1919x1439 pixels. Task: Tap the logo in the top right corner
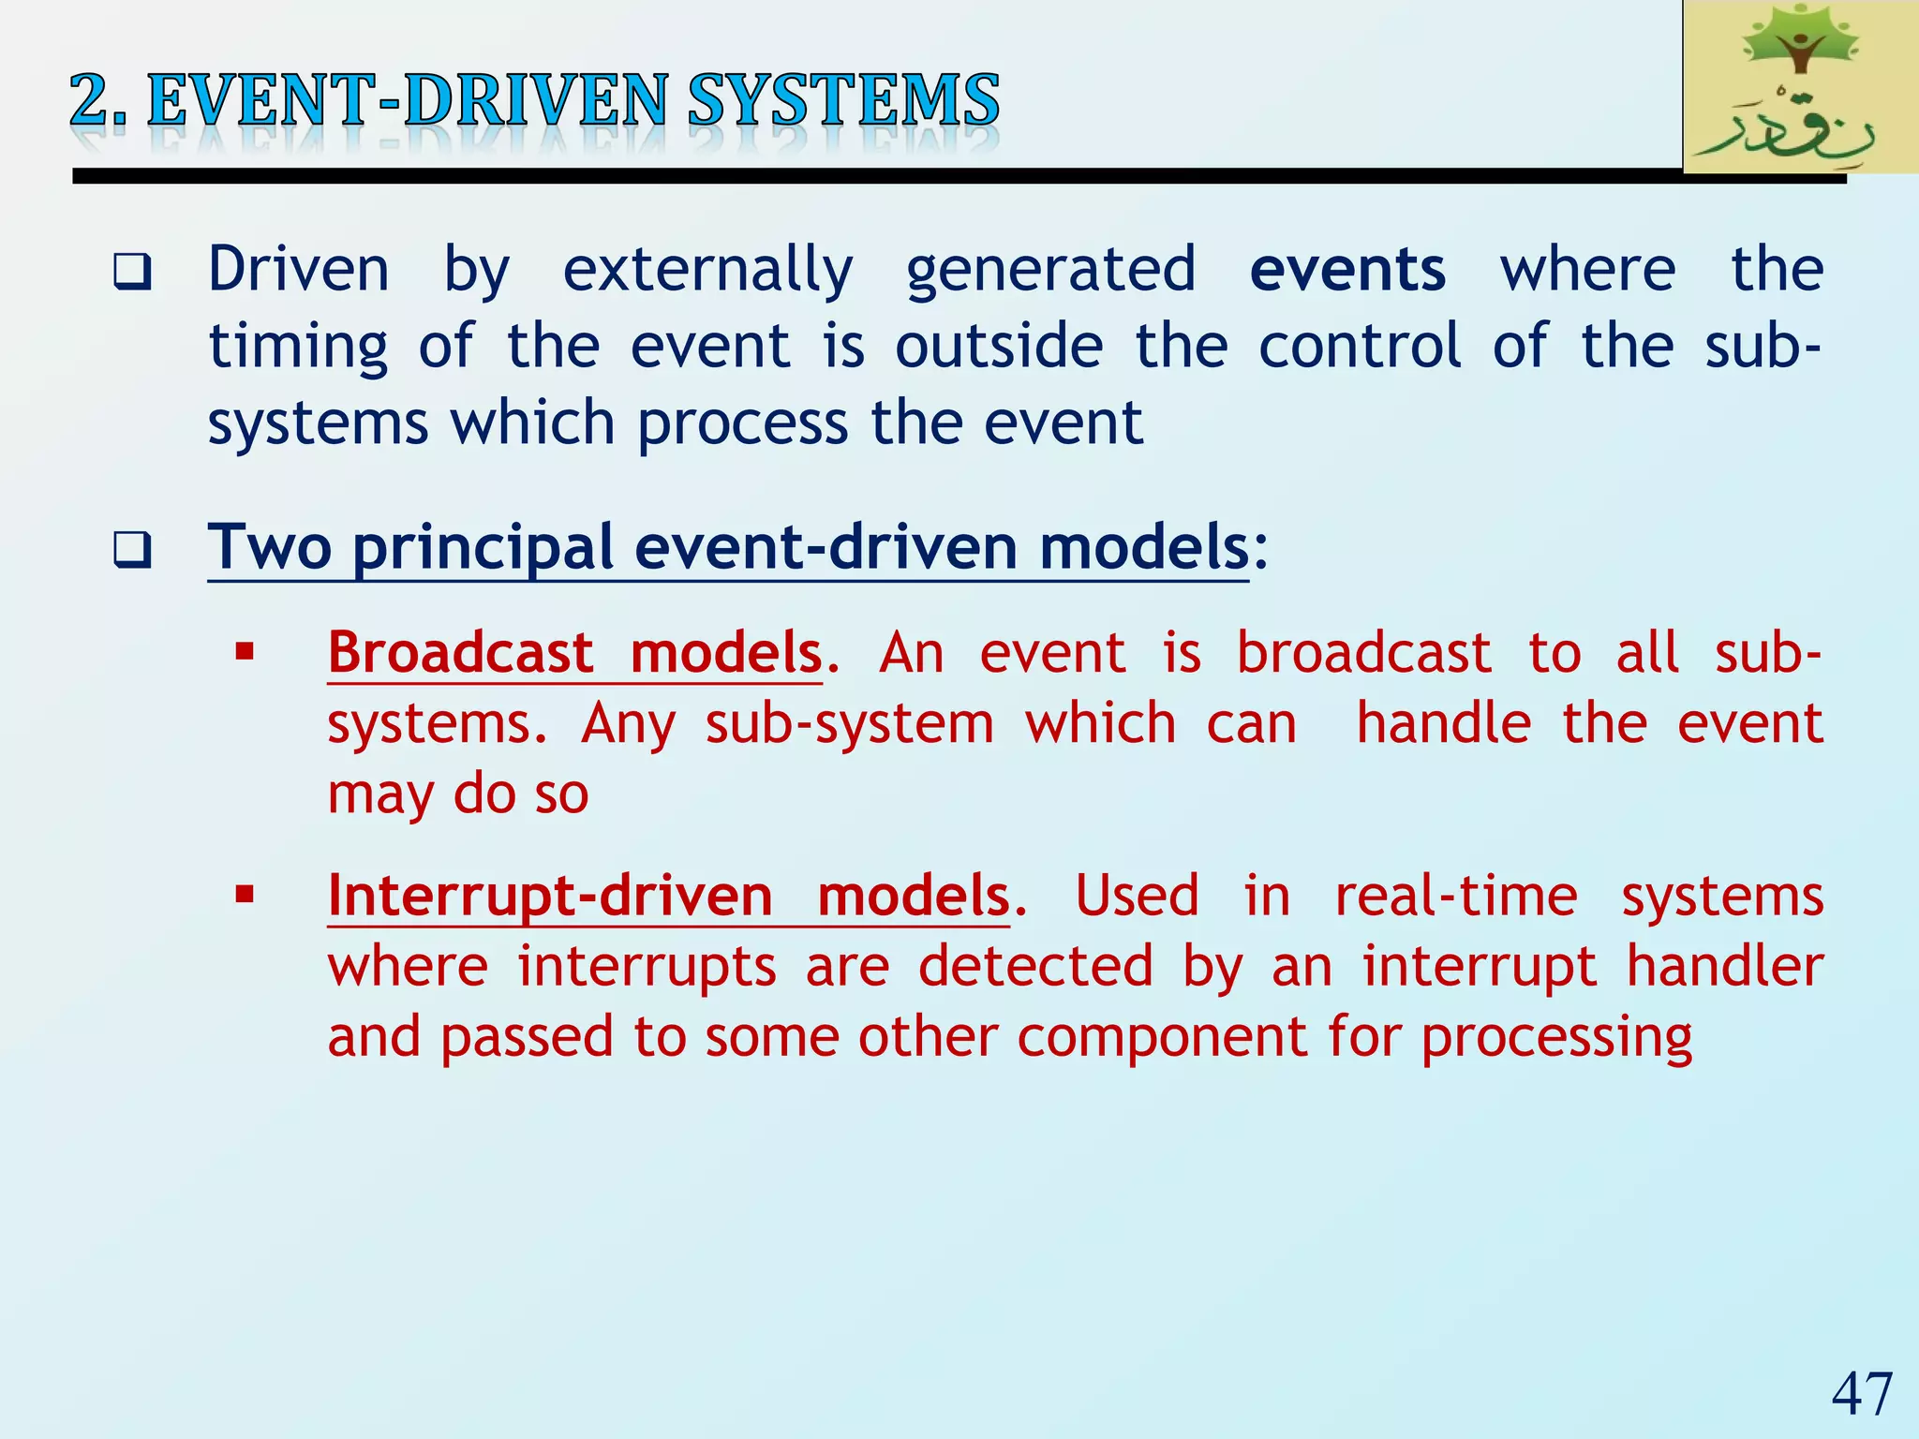click(x=1800, y=87)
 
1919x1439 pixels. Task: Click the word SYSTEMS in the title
click(x=843, y=101)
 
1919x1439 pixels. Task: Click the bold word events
click(x=1347, y=270)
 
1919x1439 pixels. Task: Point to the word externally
click(x=707, y=272)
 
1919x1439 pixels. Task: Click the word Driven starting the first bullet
click(x=298, y=270)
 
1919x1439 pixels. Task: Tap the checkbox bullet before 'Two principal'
click(x=132, y=550)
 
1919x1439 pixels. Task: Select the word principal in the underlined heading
click(x=482, y=548)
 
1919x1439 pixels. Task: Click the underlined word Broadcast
click(x=460, y=652)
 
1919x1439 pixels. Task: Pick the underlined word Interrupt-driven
click(x=550, y=896)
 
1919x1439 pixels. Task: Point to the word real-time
click(x=1455, y=896)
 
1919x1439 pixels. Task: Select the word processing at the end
click(x=1556, y=1038)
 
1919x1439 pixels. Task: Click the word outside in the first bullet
click(x=999, y=347)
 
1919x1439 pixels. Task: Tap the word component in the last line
click(x=1163, y=1038)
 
